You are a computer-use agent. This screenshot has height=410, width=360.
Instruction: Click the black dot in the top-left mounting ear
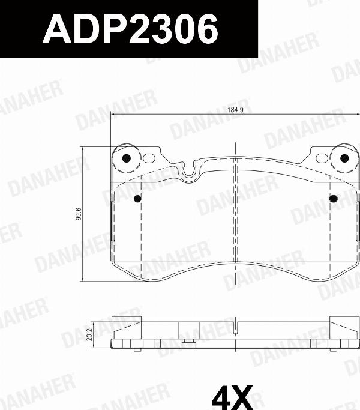(x=126, y=158)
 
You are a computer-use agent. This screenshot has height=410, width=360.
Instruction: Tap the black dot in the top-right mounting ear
(x=344, y=158)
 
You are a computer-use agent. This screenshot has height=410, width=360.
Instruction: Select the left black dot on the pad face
(x=137, y=199)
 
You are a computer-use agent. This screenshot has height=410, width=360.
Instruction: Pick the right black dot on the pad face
(x=334, y=199)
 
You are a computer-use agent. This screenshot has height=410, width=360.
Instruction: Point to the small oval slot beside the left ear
(x=148, y=158)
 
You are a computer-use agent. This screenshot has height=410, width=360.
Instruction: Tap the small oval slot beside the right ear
(x=323, y=158)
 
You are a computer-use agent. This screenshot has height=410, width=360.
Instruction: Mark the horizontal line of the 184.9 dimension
(x=180, y=115)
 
